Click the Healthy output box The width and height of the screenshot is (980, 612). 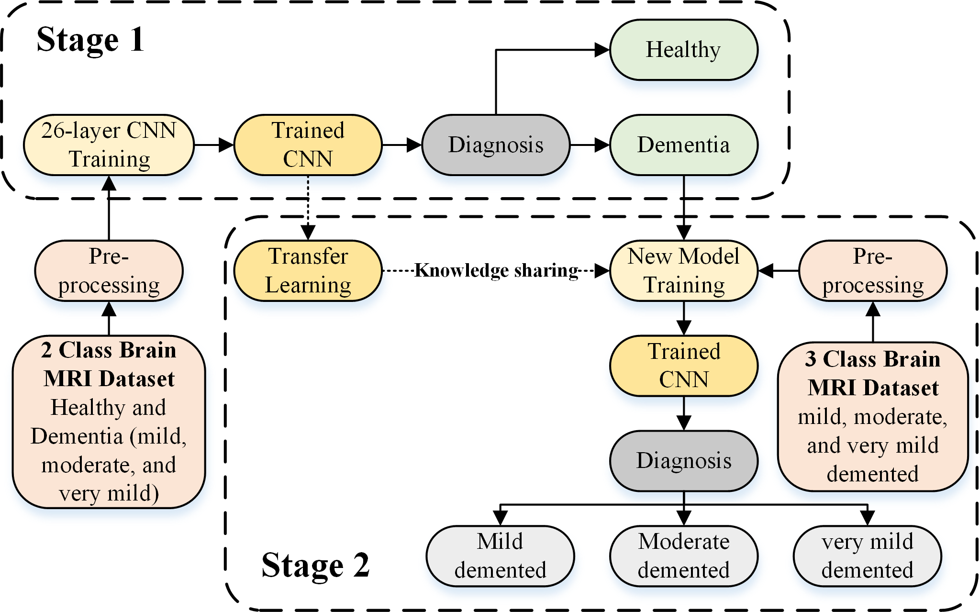pyautogui.click(x=683, y=50)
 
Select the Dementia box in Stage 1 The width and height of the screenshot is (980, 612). pyautogui.click(x=683, y=145)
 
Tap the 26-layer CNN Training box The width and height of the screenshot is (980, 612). pyautogui.click(x=109, y=145)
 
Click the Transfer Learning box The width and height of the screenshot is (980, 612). pyautogui.click(x=308, y=270)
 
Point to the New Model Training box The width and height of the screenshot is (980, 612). pyautogui.click(x=683, y=270)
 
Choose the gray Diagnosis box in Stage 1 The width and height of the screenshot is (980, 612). pyautogui.click(x=496, y=145)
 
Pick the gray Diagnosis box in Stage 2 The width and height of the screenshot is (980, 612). pyautogui.click(x=683, y=460)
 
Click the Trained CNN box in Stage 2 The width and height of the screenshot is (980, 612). pyautogui.click(x=683, y=366)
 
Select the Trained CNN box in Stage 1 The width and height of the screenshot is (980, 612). pyautogui.click(x=308, y=145)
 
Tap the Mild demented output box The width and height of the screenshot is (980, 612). pyautogui.click(x=500, y=556)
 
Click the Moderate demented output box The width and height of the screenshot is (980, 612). pyautogui.click(x=683, y=556)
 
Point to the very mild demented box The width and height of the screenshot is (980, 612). pyautogui.click(x=867, y=556)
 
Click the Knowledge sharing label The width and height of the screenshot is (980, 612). pyautogui.click(x=496, y=270)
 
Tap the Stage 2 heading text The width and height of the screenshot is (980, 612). pyautogui.click(x=315, y=565)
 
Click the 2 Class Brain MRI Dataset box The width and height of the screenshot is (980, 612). pyautogui.click(x=109, y=421)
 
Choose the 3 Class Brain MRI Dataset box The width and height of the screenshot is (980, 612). pyautogui.click(x=873, y=416)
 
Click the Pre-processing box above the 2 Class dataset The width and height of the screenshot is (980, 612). pyautogui.click(x=109, y=270)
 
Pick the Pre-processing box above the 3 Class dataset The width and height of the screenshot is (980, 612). pyautogui.click(x=873, y=270)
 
